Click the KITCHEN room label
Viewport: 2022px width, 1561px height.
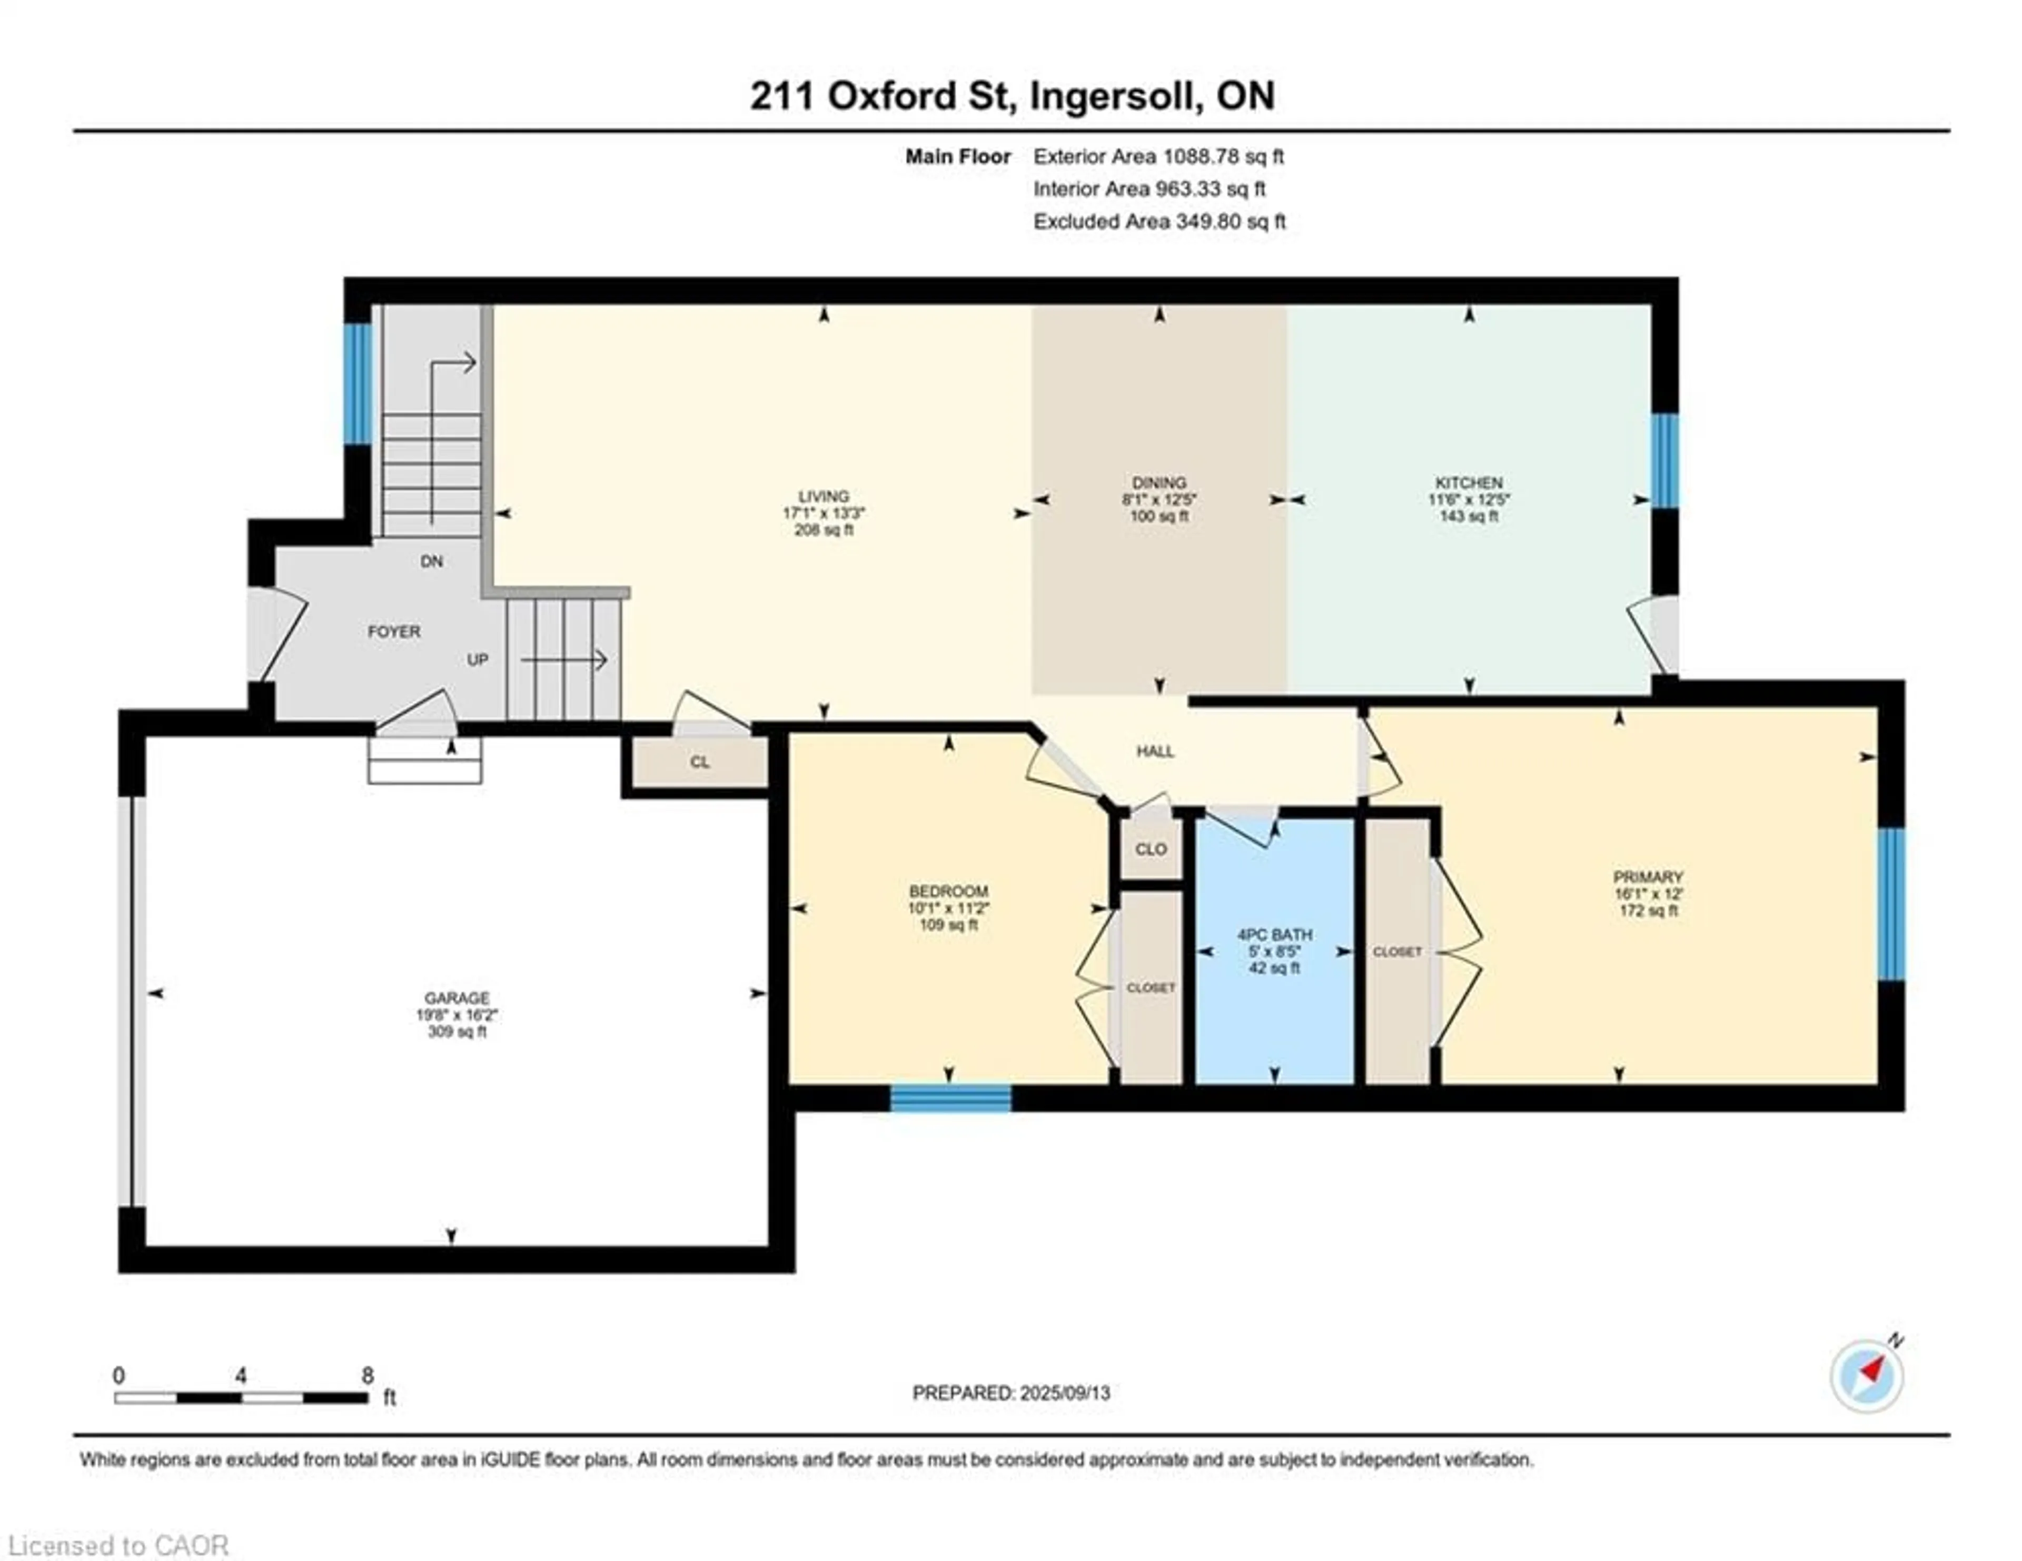(1469, 482)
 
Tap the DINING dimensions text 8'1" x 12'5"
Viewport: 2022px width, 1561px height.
(1159, 500)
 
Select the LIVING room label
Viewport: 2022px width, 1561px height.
(823, 496)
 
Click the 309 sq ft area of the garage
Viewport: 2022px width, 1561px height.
(457, 1031)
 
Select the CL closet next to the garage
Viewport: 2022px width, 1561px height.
(699, 762)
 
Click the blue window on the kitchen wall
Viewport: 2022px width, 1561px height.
(1664, 460)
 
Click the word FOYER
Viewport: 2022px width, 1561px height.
(394, 631)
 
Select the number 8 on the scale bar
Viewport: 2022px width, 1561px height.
(368, 1375)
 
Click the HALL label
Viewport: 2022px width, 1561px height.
(1155, 751)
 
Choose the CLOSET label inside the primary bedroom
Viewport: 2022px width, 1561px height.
(1397, 952)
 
